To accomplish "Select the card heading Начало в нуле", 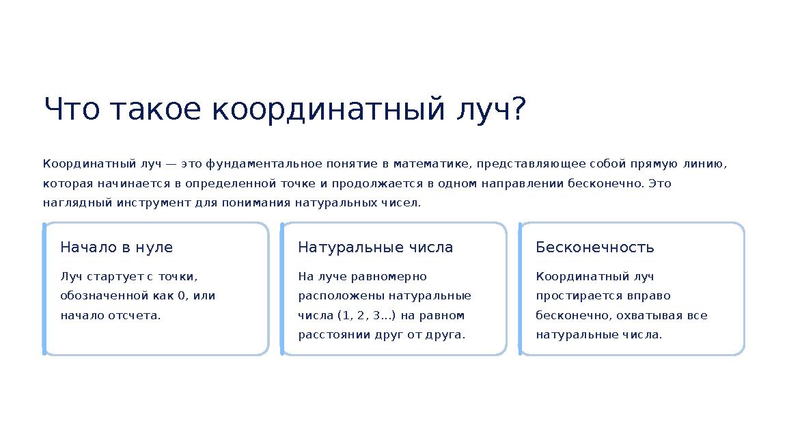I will click(x=117, y=247).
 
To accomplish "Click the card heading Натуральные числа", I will click(x=375, y=247).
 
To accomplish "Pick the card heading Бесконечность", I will click(x=594, y=247).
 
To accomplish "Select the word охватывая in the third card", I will click(x=650, y=316).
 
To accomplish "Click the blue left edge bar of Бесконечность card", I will click(x=521, y=288).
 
